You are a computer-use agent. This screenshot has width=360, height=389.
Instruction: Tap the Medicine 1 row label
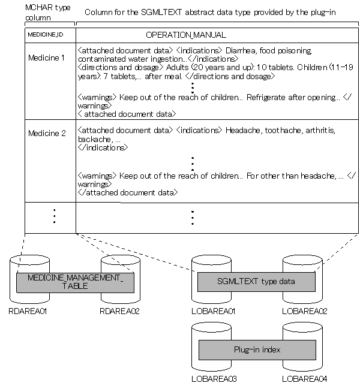[47, 58]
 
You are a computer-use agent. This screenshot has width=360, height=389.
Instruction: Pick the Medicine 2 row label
[47, 133]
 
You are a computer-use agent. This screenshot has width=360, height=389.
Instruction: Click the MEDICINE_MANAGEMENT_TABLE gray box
[75, 282]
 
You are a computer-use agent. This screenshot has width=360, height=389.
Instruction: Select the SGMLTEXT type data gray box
[256, 282]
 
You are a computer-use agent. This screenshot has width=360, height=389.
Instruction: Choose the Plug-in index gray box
[256, 349]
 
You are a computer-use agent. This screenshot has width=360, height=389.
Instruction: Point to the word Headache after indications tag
[241, 130]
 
